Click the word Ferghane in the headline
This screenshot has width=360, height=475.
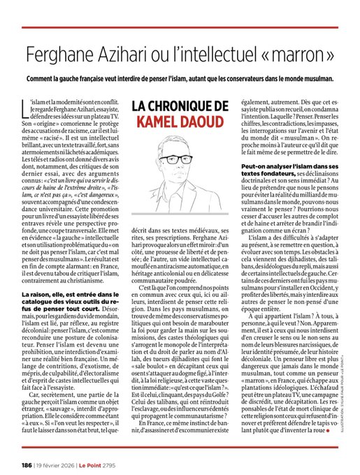click(57, 53)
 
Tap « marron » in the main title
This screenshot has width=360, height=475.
click(301, 53)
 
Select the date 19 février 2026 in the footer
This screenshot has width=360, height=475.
click(62, 463)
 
